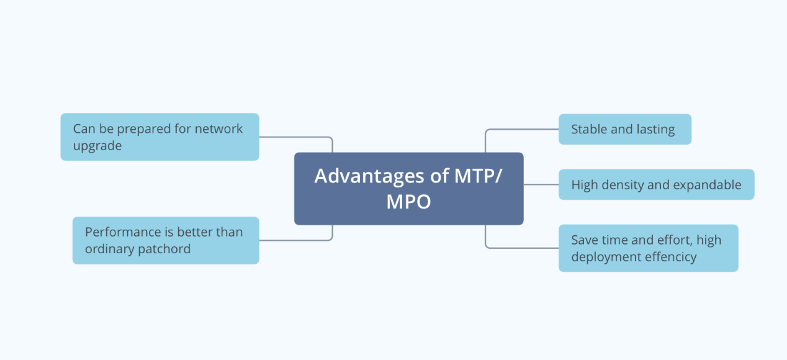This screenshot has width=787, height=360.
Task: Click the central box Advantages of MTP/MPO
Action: click(408, 188)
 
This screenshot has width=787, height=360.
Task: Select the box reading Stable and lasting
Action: click(624, 129)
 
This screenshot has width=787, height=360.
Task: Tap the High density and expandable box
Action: click(656, 184)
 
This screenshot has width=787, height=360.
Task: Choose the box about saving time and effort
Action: click(648, 248)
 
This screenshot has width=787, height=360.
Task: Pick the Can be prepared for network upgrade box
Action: click(160, 137)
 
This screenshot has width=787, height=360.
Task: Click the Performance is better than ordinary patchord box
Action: click(165, 240)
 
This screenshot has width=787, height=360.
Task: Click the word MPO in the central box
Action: click(408, 202)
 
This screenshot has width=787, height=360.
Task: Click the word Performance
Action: click(120, 232)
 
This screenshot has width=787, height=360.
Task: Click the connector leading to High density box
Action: click(541, 184)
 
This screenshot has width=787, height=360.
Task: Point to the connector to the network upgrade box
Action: click(296, 137)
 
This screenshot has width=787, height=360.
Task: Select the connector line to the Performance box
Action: click(296, 240)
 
